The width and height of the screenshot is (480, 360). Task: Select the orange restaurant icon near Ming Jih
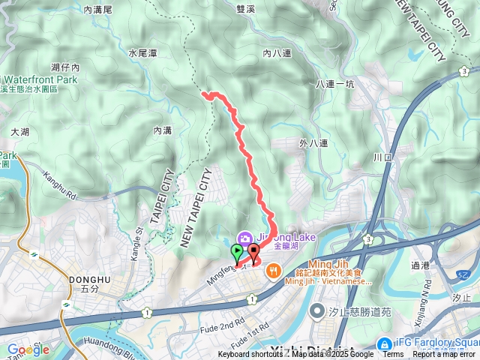coord(274,269)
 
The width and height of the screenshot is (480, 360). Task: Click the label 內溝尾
coord(97,10)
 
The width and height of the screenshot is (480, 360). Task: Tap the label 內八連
coord(275,53)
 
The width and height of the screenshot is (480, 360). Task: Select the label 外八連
coord(313,142)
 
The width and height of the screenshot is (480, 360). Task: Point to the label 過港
coord(442,264)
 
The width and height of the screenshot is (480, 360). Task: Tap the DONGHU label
coord(89,280)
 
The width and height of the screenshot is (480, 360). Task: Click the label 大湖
coord(20,131)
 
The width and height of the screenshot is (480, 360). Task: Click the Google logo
coord(28,349)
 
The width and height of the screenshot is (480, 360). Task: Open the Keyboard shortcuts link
coord(250,355)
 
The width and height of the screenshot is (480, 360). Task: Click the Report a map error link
coord(445,355)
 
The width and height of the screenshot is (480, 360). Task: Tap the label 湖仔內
coord(65,67)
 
